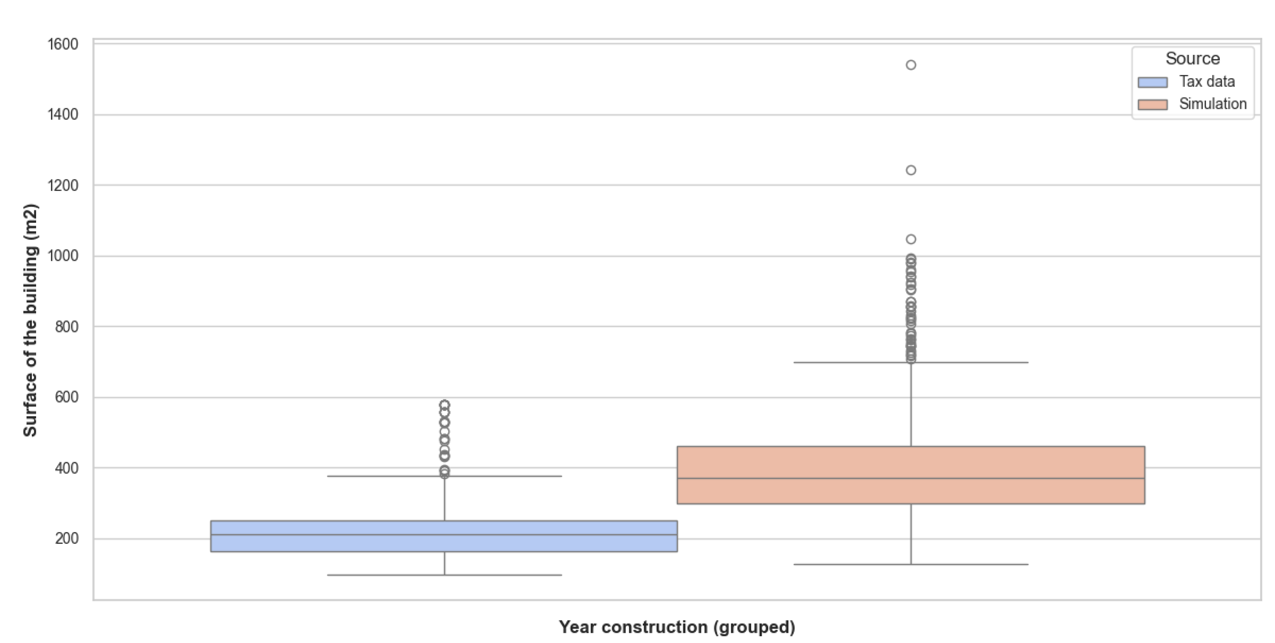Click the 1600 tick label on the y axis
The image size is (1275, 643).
(62, 45)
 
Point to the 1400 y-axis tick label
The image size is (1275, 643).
(62, 115)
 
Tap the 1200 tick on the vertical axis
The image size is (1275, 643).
(62, 186)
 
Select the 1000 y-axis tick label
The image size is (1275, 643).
(62, 256)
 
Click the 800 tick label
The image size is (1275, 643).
(66, 327)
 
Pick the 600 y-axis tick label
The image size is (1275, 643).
(66, 397)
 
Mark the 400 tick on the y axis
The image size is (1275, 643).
(66, 468)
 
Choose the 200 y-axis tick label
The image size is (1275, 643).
(66, 538)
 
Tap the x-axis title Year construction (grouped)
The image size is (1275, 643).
(677, 627)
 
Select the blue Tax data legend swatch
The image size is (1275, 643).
(1152, 82)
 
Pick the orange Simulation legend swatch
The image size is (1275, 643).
(1152, 105)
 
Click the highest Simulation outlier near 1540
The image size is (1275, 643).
(911, 65)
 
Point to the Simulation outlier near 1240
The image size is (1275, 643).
(911, 170)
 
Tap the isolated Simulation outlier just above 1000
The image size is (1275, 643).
(911, 239)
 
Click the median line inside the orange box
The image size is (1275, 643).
(911, 478)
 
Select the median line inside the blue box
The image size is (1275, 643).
(444, 535)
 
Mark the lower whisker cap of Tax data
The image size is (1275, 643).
(444, 575)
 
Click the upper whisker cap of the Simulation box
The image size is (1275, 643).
(911, 363)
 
